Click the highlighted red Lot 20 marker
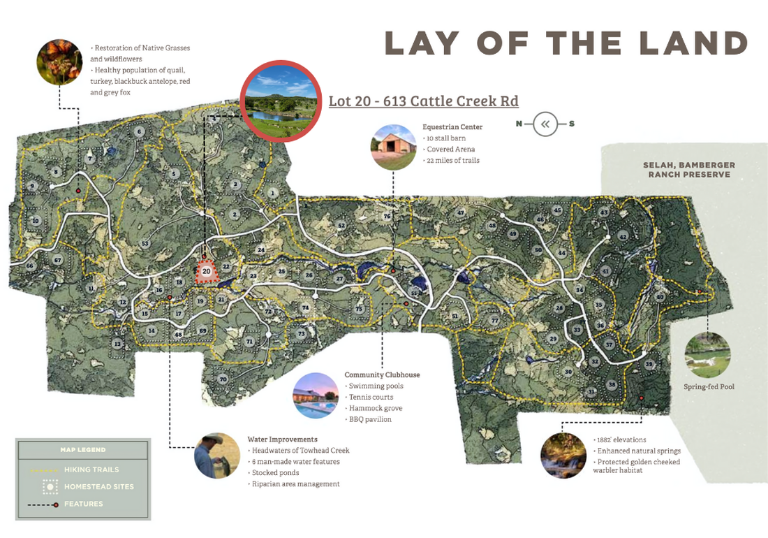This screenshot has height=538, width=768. (206, 270)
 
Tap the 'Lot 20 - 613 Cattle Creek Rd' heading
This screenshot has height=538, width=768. (423, 101)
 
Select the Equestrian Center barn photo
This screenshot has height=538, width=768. (393, 147)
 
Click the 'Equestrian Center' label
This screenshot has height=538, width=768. (452, 127)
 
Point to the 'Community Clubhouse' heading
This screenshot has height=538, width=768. (382, 375)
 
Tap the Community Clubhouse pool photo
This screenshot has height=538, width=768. (316, 395)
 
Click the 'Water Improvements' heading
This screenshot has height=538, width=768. (282, 439)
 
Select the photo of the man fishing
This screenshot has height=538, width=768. (217, 456)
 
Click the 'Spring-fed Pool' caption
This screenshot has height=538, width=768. (709, 386)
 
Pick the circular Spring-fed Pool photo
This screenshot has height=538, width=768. (708, 355)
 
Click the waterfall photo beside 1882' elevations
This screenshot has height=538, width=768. (563, 456)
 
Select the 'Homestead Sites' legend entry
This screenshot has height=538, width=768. (98, 486)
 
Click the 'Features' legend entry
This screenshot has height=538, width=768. (83, 504)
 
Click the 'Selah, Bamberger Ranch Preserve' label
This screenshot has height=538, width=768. (688, 170)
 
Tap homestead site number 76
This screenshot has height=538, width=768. (387, 217)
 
